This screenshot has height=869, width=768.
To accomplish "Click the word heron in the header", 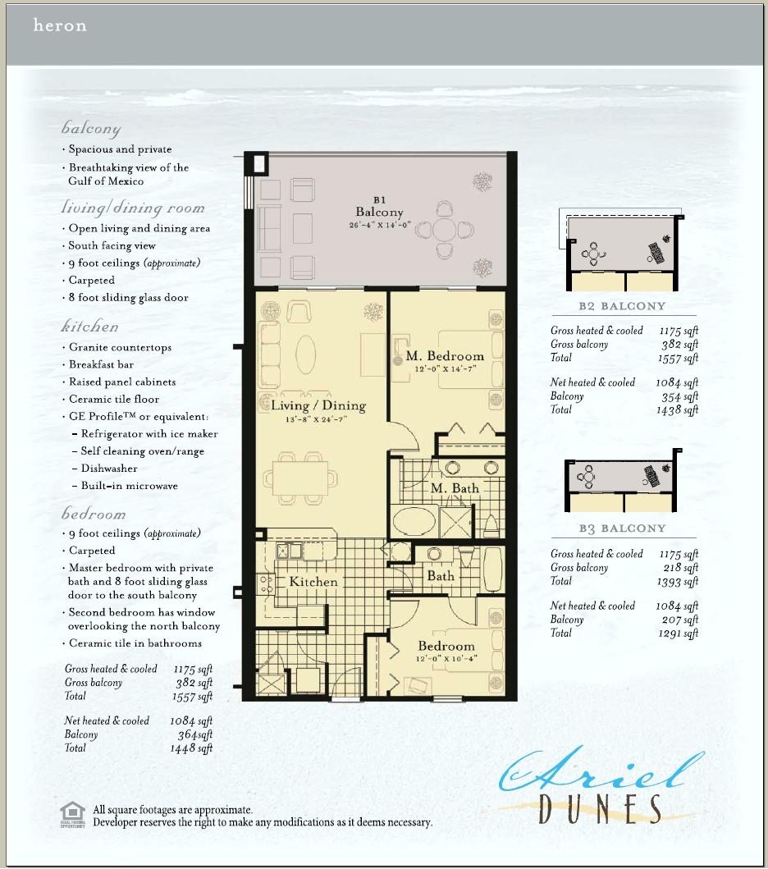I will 59,25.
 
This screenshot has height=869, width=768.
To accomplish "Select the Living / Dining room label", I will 319,405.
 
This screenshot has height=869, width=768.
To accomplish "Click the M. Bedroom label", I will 445,356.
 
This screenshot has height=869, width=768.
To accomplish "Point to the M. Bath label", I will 455,488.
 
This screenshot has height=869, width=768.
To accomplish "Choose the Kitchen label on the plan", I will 313,581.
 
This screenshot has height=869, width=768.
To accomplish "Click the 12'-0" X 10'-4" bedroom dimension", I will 446,658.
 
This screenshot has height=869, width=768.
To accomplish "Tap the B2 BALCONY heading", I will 621,306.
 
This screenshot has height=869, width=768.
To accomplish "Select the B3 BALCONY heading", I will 621,528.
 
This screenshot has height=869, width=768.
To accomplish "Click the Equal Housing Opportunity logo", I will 72,814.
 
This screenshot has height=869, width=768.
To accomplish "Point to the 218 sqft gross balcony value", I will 680,568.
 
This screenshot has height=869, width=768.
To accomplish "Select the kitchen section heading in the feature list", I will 89,327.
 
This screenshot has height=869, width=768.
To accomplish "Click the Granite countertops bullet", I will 120,347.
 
